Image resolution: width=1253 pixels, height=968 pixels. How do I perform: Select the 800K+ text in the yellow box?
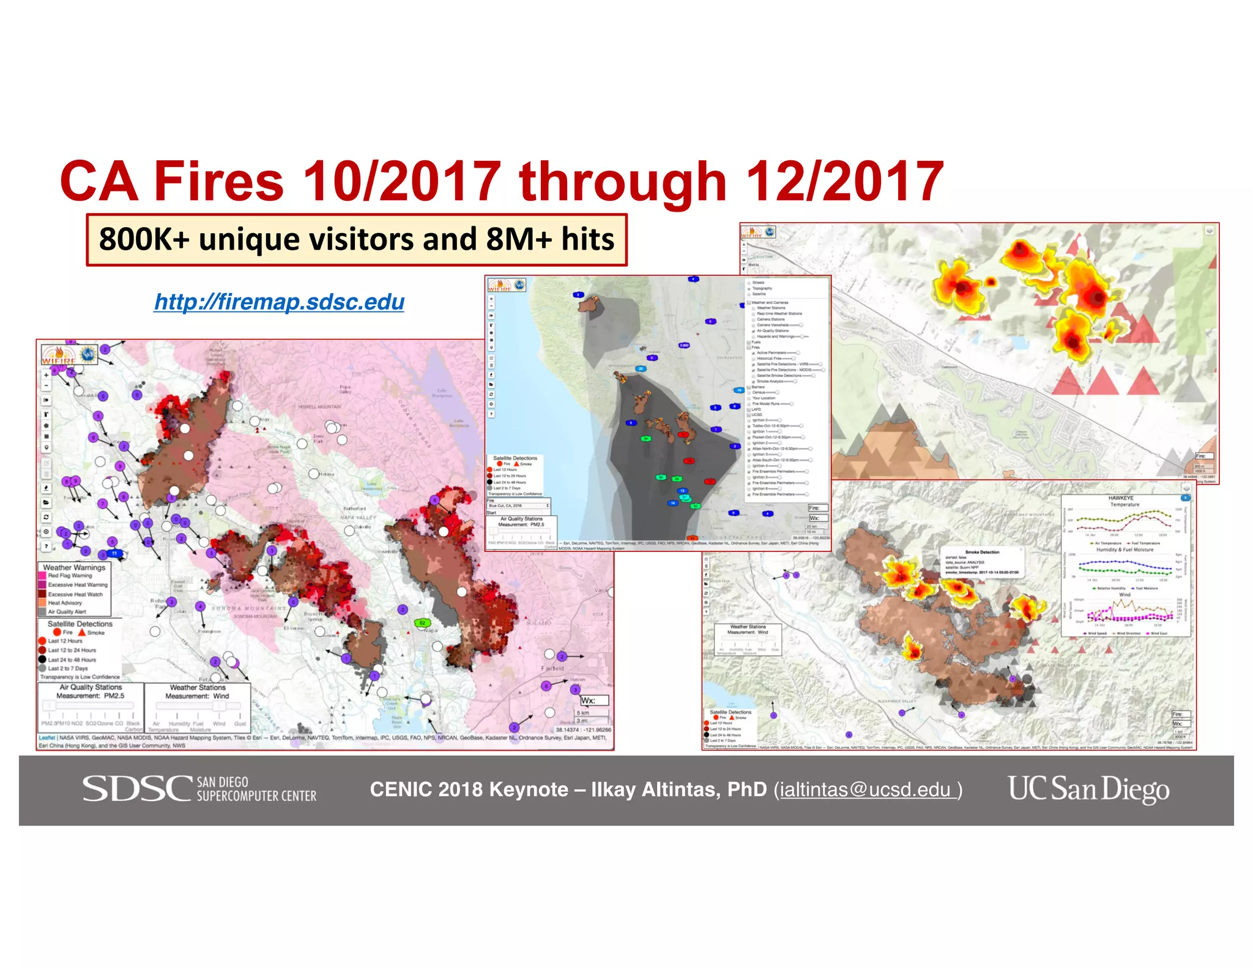pos(144,239)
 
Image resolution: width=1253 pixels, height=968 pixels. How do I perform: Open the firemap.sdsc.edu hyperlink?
pos(279,302)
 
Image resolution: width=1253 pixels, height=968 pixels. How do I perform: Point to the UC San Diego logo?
pos(1088,789)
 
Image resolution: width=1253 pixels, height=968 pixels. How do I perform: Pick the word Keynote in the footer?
pos(529,790)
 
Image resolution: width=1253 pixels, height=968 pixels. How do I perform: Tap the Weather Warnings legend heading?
pos(74,567)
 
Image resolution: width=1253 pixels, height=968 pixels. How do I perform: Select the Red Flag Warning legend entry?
pos(70,576)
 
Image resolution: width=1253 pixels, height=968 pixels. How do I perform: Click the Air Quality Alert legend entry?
pos(67,611)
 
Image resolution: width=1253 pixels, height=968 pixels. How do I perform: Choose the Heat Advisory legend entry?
pos(65,603)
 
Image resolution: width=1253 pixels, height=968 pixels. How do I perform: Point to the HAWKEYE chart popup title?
pos(1120,498)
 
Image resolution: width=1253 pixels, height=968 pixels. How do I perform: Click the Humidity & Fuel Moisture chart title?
pos(1125,549)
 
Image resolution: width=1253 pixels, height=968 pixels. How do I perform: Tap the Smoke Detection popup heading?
pos(982,552)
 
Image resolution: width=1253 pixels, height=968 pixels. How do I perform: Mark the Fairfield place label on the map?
pos(552,668)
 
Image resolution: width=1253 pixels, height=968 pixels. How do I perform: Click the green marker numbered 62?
pos(422,623)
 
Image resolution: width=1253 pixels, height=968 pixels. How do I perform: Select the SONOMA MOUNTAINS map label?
pos(249,608)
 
